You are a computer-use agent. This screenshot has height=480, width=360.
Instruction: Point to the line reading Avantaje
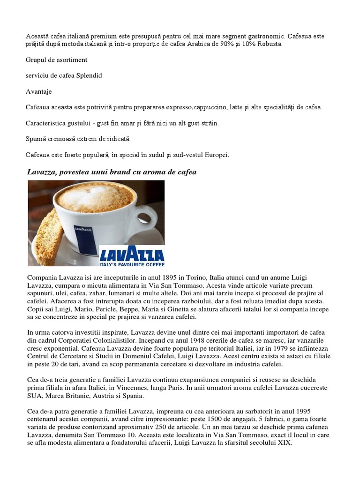coord(39,91)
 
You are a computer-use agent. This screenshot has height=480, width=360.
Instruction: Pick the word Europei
coord(216,155)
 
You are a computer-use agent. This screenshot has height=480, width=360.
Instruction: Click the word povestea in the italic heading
coord(78,172)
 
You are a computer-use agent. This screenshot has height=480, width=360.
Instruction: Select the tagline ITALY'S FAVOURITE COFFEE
coord(132,263)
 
